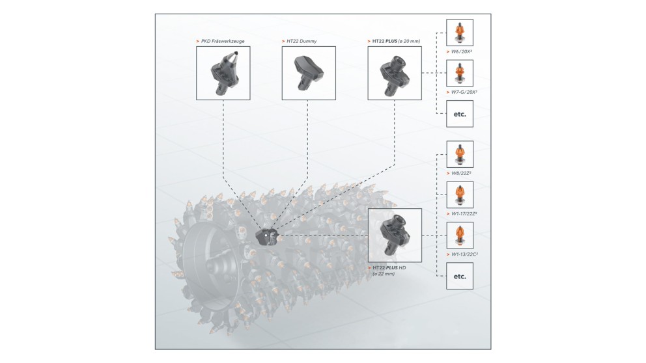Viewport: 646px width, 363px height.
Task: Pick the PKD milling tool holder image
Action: point(223,72)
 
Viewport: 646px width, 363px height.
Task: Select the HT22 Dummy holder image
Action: point(309,72)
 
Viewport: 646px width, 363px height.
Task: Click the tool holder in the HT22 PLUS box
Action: point(395,72)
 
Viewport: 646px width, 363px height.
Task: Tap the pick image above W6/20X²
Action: point(460,32)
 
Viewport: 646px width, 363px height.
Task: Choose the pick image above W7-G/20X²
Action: point(460,73)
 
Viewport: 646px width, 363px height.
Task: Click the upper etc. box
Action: point(460,113)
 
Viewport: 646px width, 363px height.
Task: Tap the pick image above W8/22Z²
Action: point(460,154)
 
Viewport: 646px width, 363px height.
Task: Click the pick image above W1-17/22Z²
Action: point(460,194)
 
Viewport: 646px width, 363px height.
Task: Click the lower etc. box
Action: point(460,275)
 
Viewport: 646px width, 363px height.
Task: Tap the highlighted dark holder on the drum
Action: point(266,235)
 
